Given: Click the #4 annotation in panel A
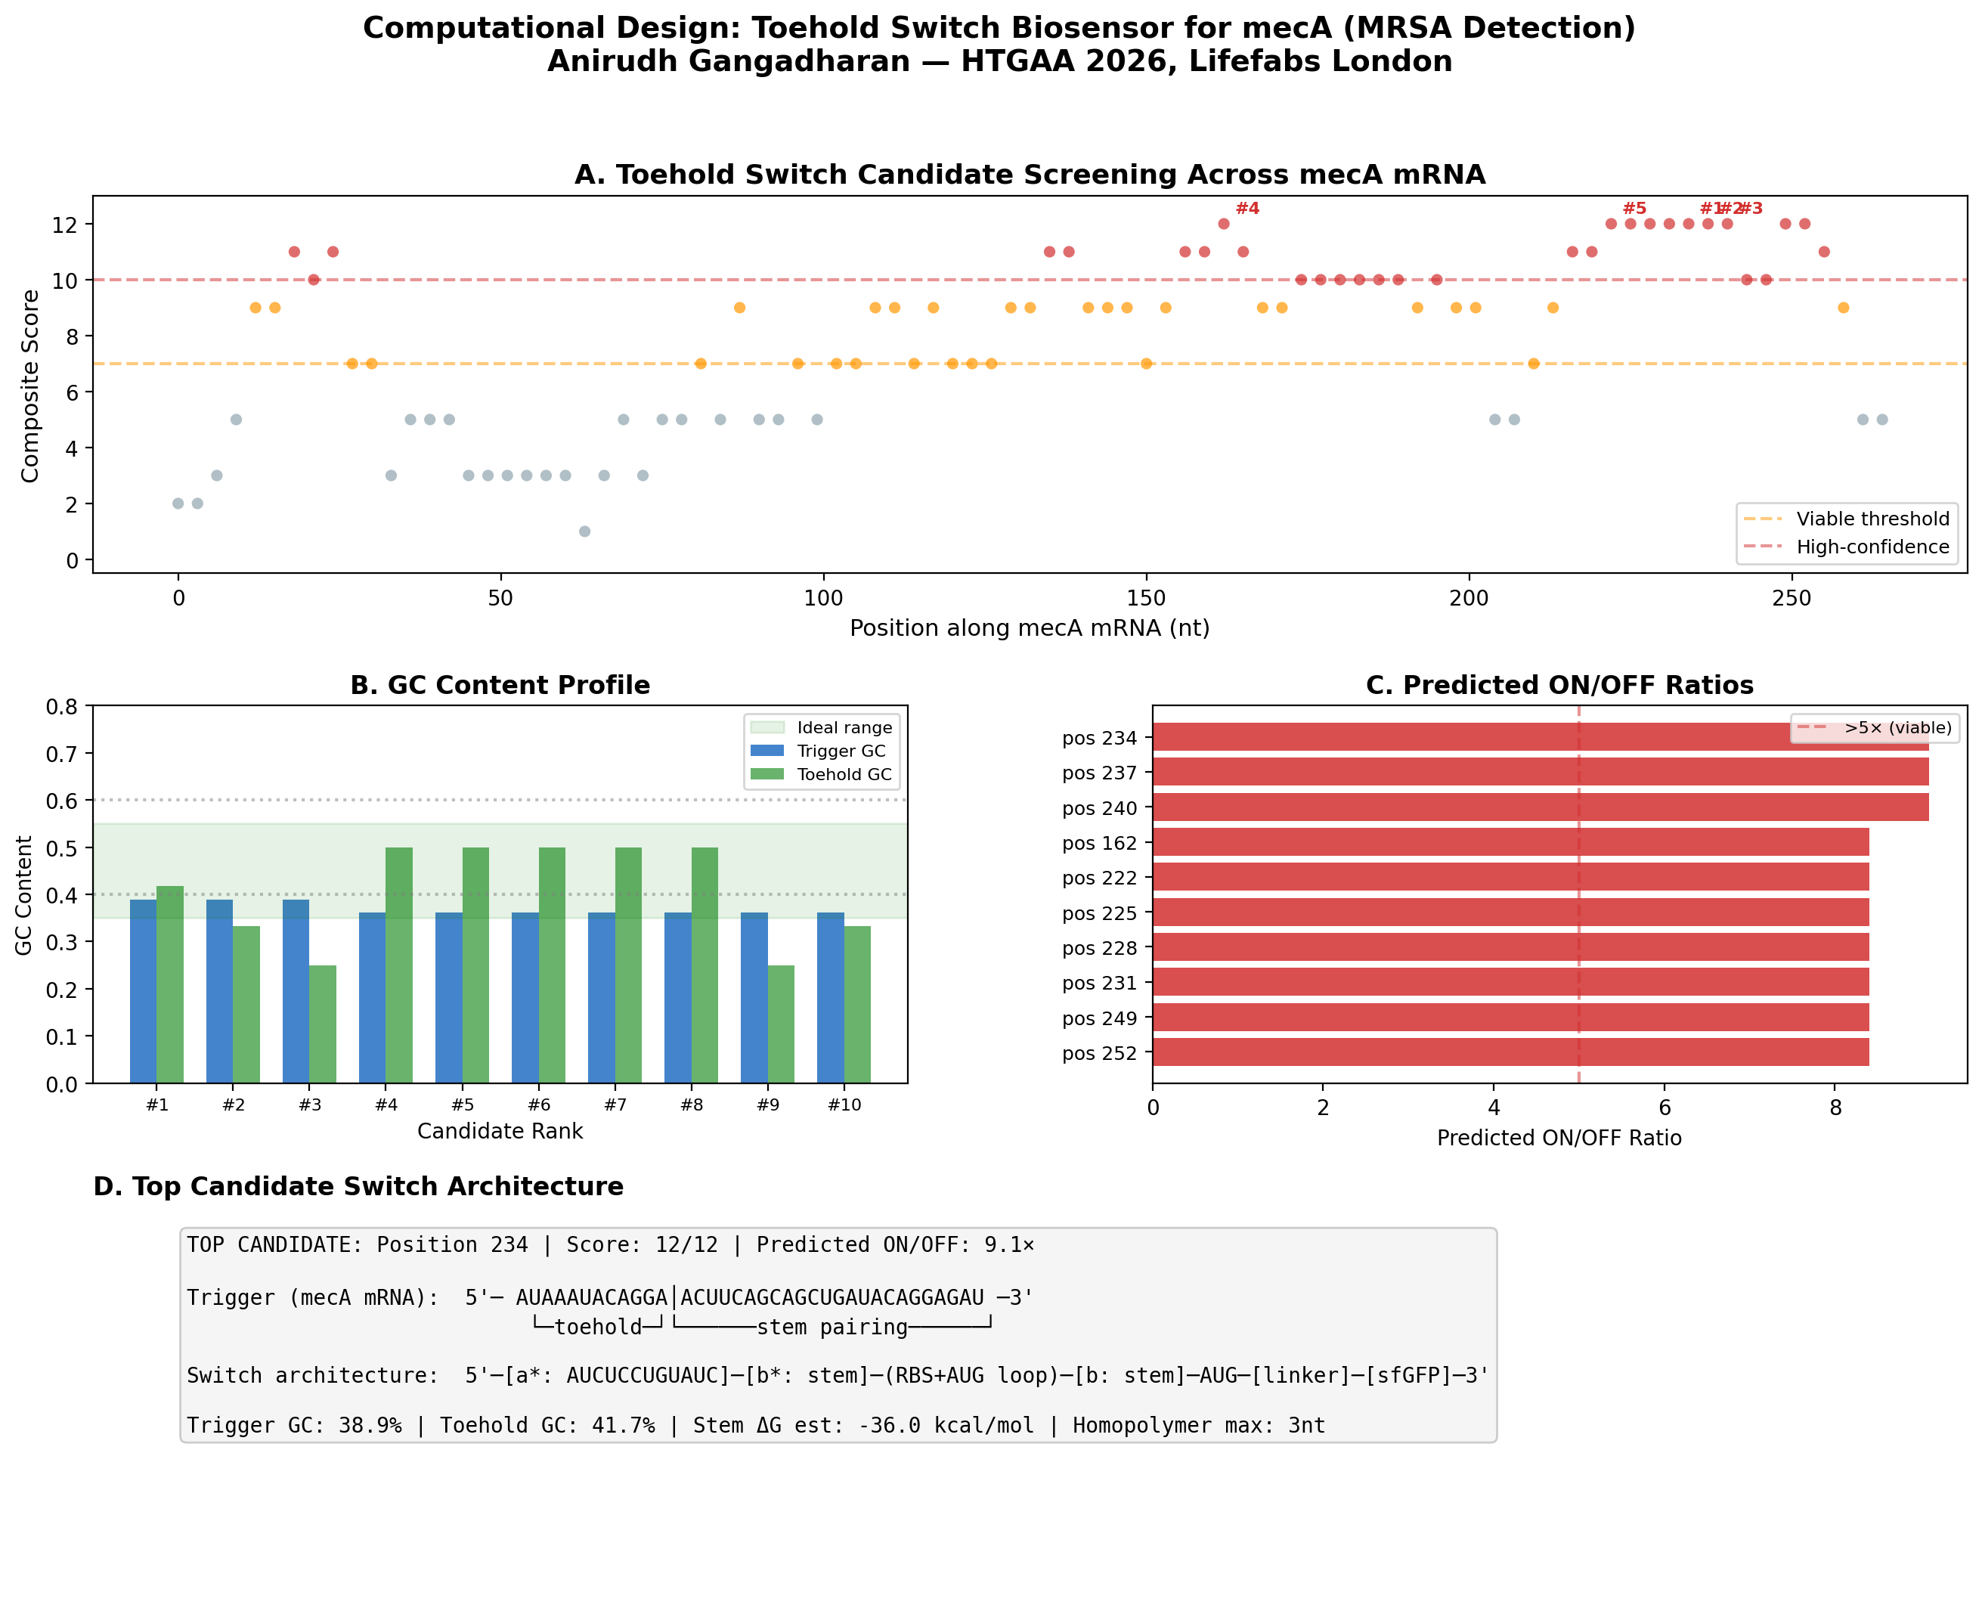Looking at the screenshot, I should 1246,209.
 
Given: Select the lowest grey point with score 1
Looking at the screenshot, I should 584,531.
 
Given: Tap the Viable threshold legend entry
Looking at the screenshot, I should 1872,519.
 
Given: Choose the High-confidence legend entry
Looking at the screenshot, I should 1872,547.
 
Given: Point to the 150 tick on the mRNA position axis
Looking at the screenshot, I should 1146,598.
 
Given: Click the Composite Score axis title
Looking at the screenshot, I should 29,386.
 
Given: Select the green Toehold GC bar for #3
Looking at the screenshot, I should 322,1024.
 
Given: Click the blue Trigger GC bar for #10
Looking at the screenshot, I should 830,998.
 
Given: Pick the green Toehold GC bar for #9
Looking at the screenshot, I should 781,1024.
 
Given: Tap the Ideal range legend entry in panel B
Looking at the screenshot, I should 844,727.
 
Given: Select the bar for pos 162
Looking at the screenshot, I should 1510,842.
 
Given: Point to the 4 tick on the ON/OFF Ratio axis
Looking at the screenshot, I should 1493,1108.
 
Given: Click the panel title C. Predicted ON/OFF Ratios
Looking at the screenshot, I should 1559,686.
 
